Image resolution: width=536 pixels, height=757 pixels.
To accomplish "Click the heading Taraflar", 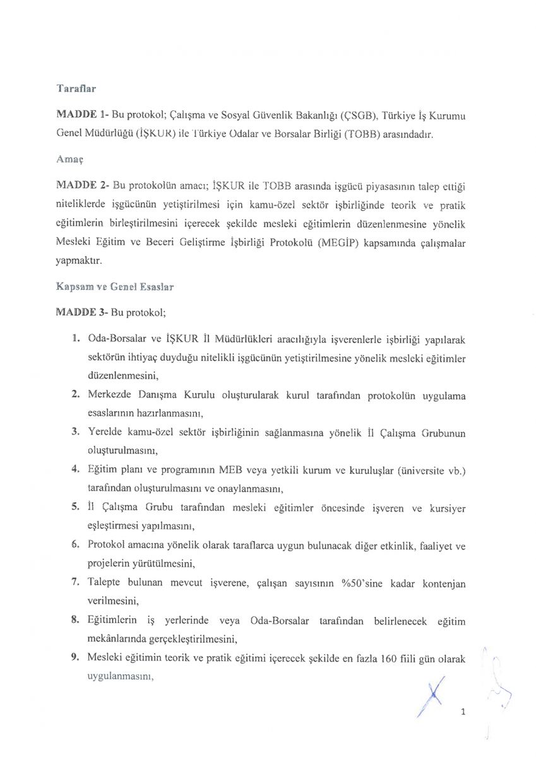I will (x=75, y=89).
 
